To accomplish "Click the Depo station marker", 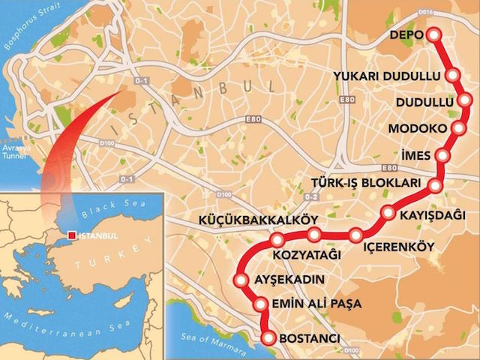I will pyautogui.click(x=433, y=34).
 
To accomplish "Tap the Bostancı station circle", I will pyautogui.click(x=268, y=339).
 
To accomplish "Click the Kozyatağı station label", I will pyautogui.click(x=307, y=255).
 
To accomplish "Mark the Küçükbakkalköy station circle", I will pyautogui.click(x=277, y=240).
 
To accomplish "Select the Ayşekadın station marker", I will pyautogui.click(x=241, y=281).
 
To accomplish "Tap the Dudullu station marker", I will pyautogui.click(x=466, y=100).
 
